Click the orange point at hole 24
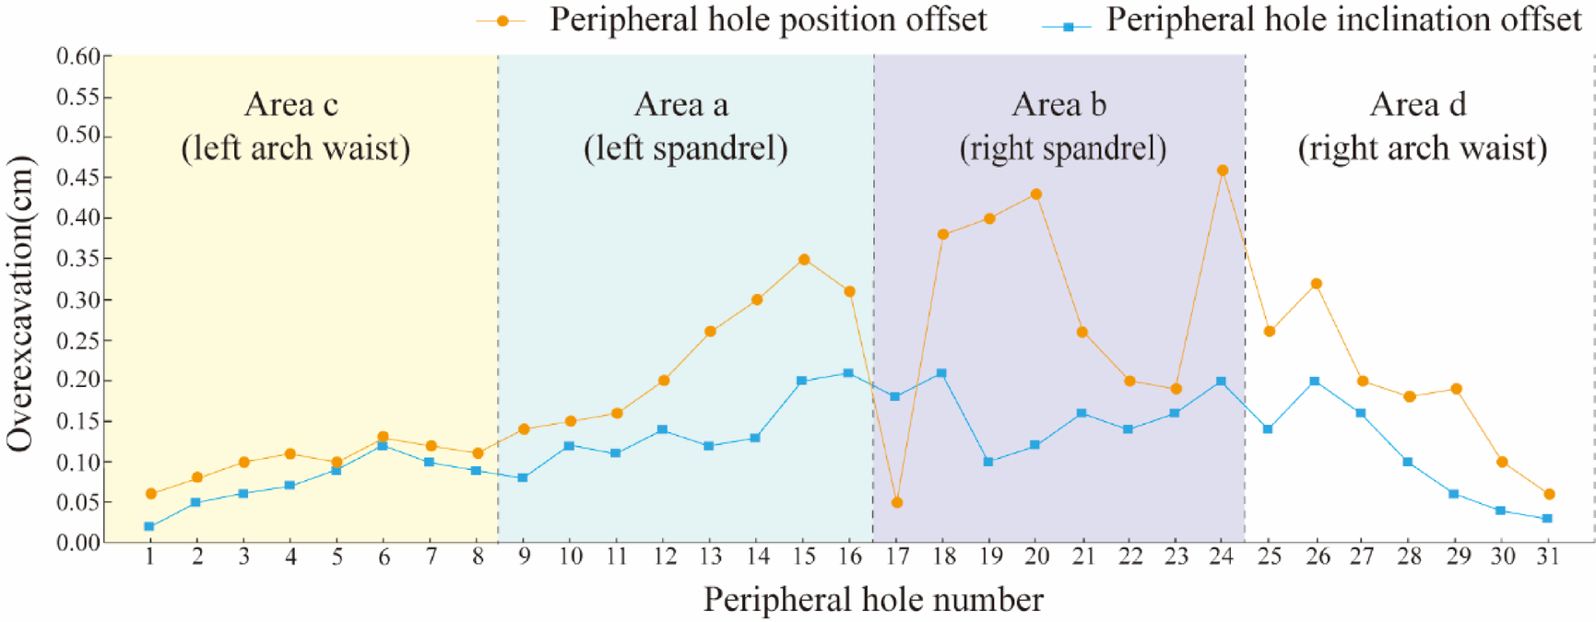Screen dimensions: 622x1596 coord(1223,170)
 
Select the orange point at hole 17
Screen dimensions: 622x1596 coord(896,502)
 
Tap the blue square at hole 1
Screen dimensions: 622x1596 coord(149,526)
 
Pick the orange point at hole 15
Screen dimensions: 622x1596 coord(804,260)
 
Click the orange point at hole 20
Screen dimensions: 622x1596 coord(1035,194)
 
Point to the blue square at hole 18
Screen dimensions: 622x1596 coord(941,373)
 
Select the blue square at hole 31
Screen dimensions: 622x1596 coord(1547,519)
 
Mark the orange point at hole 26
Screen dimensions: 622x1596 coord(1316,284)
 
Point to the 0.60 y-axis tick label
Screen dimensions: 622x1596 coord(77,56)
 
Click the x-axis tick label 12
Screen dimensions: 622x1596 coord(664,557)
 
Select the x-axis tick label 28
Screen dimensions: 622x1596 coord(1409,557)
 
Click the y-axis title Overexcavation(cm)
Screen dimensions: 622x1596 coord(20,304)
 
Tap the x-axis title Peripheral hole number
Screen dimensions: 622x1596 coord(873,600)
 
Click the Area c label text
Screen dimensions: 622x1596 coord(291,105)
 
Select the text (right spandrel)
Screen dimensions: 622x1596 coord(1062,148)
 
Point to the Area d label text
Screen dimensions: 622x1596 coord(1417,105)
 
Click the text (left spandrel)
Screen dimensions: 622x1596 coord(685,148)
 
